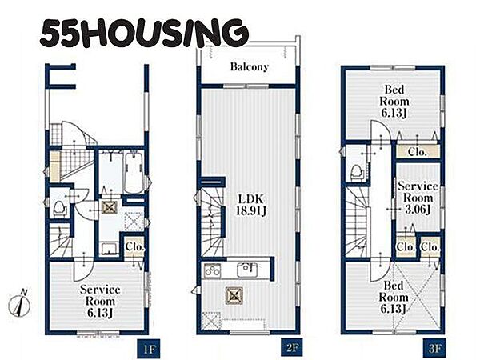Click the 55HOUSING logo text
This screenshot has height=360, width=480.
(143, 33)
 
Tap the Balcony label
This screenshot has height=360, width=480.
(249, 66)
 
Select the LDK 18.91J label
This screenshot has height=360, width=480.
(251, 205)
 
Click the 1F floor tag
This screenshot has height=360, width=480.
(149, 348)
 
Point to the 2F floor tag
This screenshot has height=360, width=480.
(292, 348)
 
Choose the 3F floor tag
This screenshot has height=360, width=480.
(434, 348)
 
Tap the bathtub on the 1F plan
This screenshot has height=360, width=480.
(134, 173)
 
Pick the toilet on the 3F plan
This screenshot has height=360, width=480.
(357, 173)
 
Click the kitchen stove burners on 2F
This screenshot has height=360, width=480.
(212, 270)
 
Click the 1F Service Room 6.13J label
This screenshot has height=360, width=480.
(100, 302)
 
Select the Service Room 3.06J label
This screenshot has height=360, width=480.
(418, 198)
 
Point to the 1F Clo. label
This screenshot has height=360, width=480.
(134, 246)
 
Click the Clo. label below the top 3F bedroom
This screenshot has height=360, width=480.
(418, 152)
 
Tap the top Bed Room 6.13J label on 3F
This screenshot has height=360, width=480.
(394, 102)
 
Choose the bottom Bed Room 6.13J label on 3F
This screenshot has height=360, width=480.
(394, 298)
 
